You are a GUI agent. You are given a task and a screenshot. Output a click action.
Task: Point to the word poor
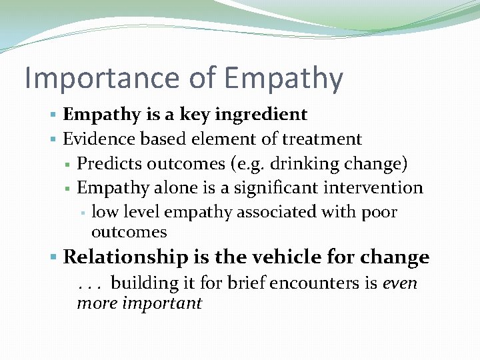[379, 212]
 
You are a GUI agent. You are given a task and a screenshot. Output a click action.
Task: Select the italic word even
[400, 283]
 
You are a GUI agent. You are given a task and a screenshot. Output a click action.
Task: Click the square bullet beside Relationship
[54, 257]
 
